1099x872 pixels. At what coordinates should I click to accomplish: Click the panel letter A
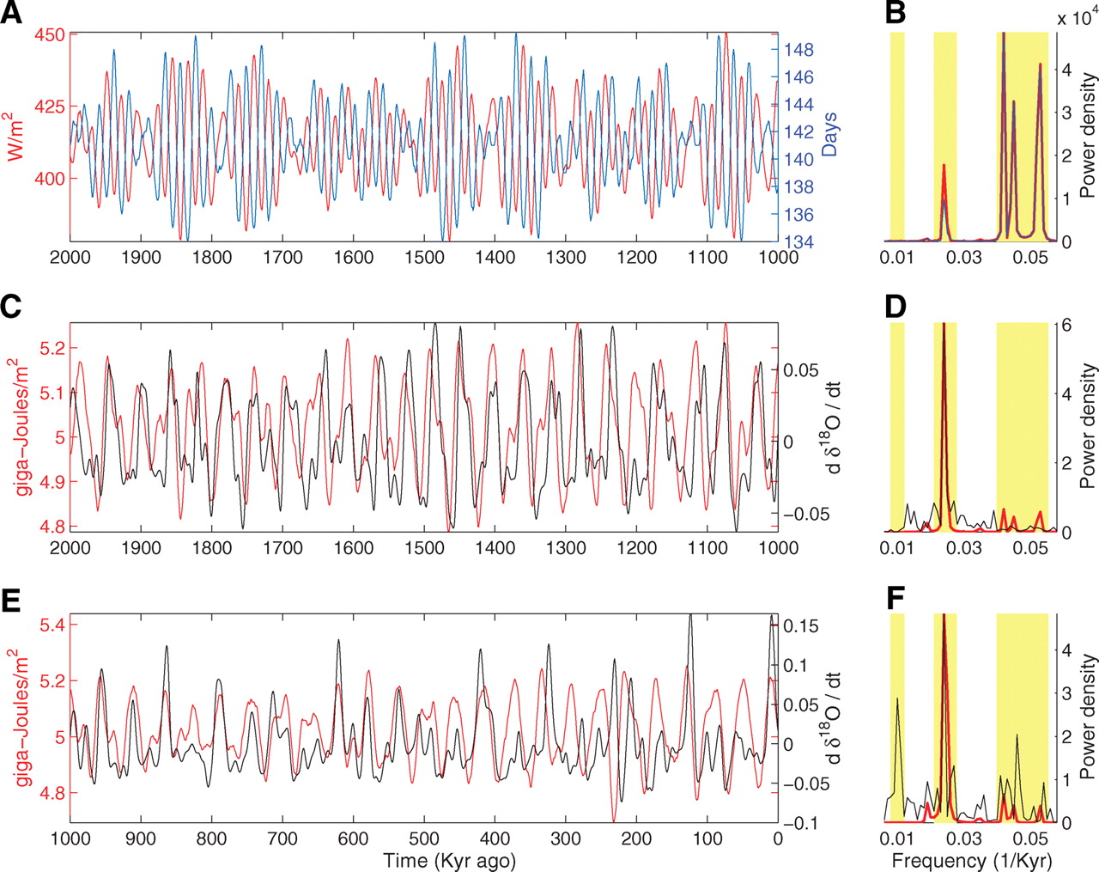(x=13, y=15)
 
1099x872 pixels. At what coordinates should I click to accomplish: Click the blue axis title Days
(x=829, y=135)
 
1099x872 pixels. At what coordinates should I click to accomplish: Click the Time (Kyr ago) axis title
(x=450, y=860)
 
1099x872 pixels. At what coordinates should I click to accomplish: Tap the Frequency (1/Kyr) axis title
(x=972, y=860)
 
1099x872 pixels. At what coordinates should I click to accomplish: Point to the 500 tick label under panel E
(x=424, y=838)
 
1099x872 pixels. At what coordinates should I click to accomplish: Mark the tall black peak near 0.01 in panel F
(x=897, y=699)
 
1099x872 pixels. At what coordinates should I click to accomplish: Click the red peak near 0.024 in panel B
(x=944, y=166)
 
